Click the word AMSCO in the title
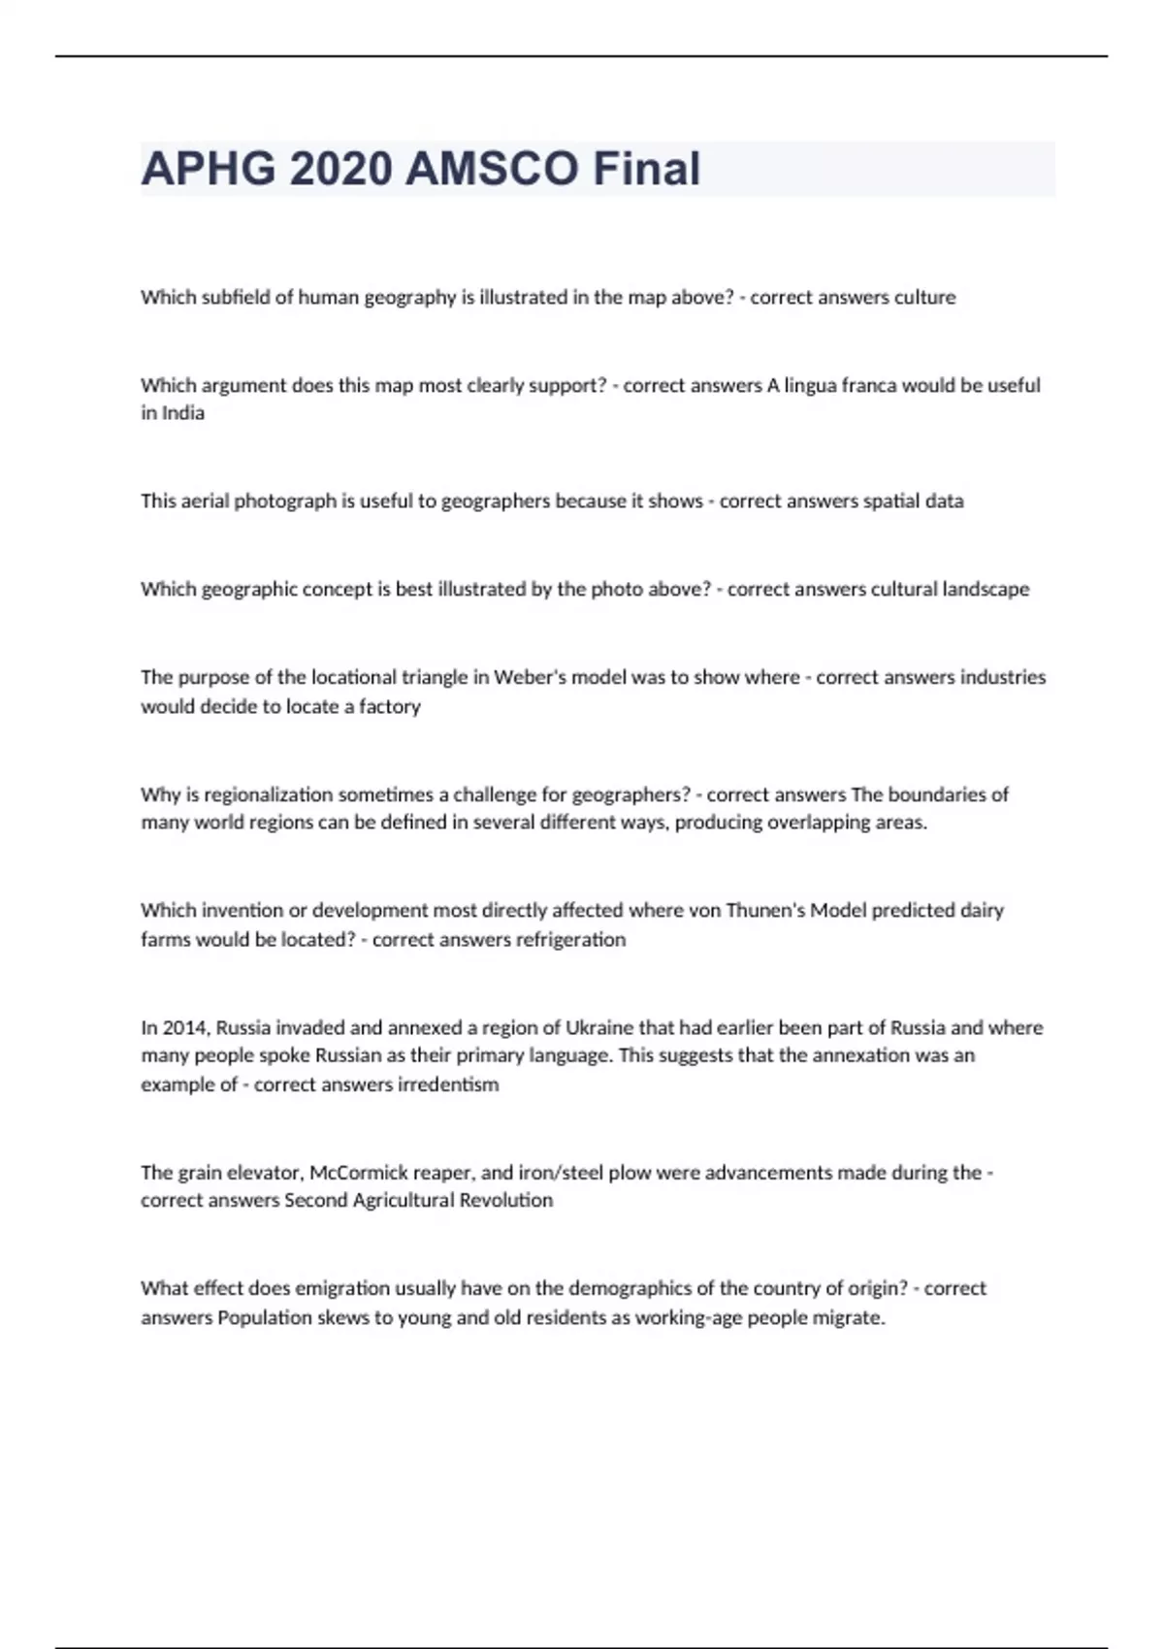click(x=492, y=169)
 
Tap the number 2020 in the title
click(x=340, y=169)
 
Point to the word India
click(x=183, y=413)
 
